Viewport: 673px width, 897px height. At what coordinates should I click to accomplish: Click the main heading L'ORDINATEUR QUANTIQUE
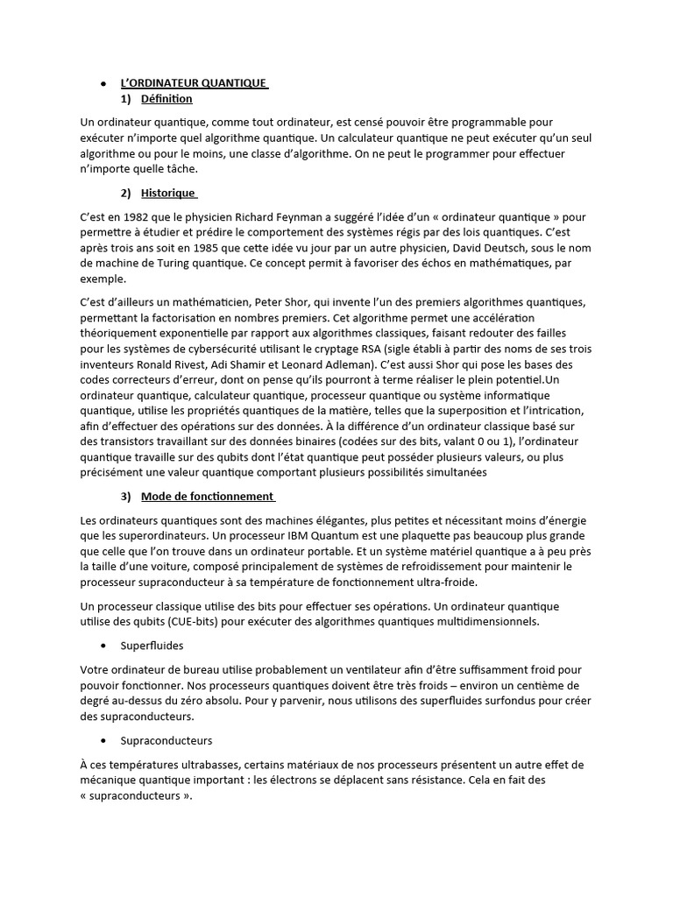coord(194,83)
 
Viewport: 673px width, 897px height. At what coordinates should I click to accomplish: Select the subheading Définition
coord(166,99)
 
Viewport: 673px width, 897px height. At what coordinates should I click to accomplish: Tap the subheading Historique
coord(168,193)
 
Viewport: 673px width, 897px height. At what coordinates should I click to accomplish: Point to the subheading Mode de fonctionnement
coord(207,497)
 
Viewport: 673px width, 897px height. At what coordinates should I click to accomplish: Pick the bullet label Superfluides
coord(172,646)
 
